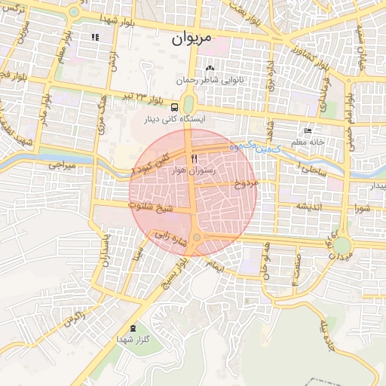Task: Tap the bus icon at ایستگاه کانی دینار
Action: click(175, 107)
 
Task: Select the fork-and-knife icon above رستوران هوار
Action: click(195, 159)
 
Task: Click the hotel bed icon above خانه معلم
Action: click(307, 130)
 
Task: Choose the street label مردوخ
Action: click(247, 183)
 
